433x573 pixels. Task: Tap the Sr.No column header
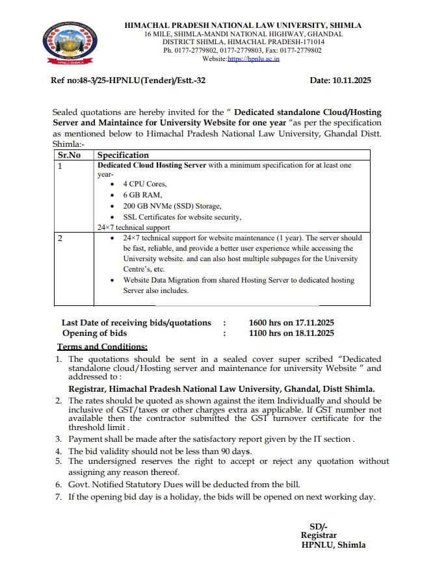point(70,155)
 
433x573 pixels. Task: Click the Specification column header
point(123,155)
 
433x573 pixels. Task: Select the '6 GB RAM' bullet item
point(138,195)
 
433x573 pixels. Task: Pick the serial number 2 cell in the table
point(60,238)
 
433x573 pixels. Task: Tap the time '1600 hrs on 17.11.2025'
point(291,323)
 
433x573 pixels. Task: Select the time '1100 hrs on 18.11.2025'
point(291,333)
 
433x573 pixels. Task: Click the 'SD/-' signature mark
point(319,526)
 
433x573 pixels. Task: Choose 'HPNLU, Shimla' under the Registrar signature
point(333,546)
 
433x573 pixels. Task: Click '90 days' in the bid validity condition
point(235,451)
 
